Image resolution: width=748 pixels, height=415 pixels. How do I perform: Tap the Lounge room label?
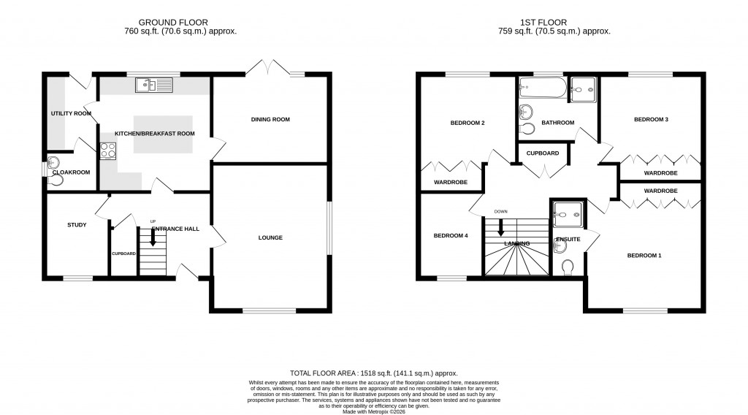click(270, 237)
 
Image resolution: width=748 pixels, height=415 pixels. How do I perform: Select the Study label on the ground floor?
click(77, 225)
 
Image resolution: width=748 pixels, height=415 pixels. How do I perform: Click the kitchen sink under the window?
click(153, 86)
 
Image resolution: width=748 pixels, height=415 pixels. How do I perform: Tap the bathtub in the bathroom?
click(541, 90)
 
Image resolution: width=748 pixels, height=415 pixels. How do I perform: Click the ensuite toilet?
click(568, 269)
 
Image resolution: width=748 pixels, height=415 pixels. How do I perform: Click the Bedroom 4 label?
click(450, 235)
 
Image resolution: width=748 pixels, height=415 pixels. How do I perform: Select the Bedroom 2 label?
click(467, 123)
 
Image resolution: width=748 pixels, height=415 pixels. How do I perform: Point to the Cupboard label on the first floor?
click(543, 153)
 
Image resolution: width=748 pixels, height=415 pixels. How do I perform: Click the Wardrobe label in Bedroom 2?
click(450, 182)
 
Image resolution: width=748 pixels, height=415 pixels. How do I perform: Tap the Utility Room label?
click(71, 114)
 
